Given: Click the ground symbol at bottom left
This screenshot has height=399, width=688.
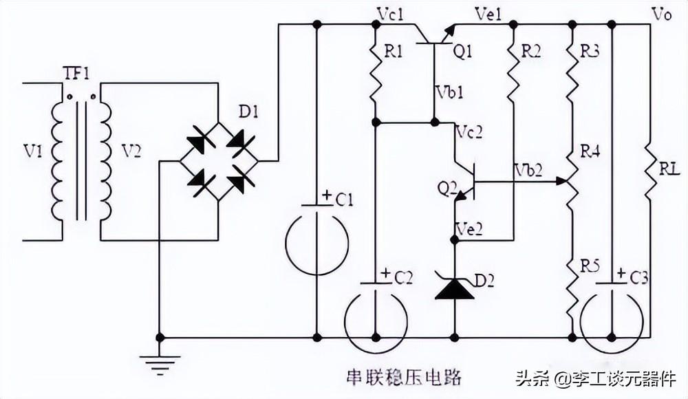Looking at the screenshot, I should coord(160,363).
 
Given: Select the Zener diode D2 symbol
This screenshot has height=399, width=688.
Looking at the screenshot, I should coord(454,287).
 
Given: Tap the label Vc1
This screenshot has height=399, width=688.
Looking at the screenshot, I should coord(391,14).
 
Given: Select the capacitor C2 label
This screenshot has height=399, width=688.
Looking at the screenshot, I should coord(403,277).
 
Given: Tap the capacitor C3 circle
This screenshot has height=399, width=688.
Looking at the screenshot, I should coord(612,320).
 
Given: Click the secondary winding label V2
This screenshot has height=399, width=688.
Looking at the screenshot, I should coord(131,151).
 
